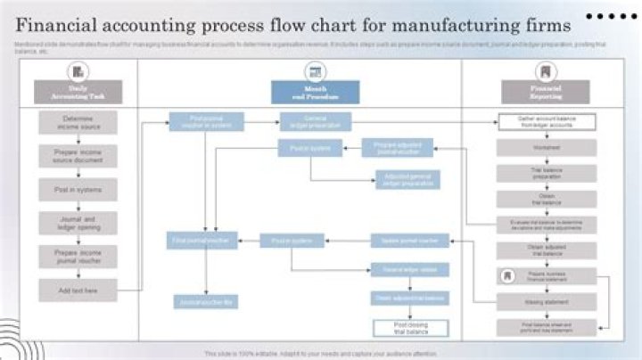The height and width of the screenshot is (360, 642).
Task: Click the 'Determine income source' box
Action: tap(78, 122)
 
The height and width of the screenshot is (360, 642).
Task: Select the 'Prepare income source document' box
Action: tap(78, 156)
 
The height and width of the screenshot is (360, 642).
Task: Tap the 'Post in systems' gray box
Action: tap(78, 189)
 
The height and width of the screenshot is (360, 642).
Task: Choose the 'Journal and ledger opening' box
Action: tap(78, 223)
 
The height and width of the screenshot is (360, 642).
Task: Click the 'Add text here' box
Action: tap(78, 290)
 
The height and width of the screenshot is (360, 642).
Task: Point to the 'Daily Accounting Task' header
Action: tap(78, 92)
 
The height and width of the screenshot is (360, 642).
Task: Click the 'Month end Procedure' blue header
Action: tap(315, 92)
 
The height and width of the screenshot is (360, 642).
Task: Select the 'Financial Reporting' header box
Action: tap(545, 92)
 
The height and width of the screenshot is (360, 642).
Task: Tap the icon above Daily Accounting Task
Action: tap(78, 71)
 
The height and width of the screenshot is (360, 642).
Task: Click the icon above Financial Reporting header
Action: tap(545, 71)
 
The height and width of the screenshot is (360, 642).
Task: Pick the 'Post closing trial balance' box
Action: tap(410, 327)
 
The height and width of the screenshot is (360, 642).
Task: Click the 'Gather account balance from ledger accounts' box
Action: tap(547, 122)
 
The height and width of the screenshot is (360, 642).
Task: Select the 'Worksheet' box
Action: tap(547, 148)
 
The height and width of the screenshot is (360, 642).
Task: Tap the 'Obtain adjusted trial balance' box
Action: tap(547, 250)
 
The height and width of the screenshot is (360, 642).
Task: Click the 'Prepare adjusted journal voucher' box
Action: tap(397, 148)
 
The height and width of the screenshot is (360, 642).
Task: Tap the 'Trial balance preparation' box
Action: tap(547, 173)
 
